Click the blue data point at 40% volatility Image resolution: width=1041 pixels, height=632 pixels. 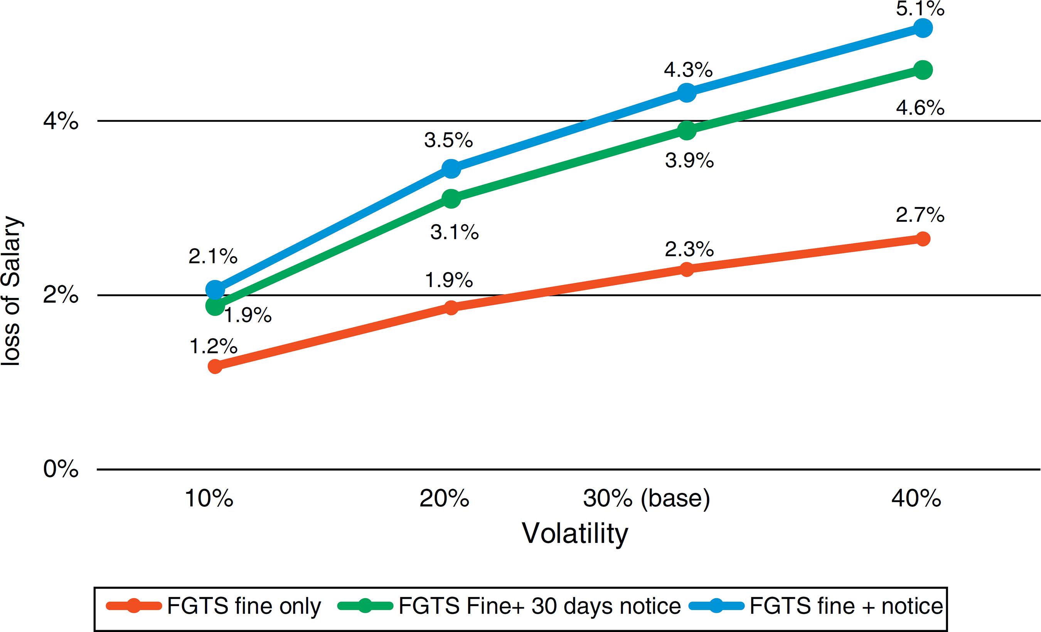pos(923,28)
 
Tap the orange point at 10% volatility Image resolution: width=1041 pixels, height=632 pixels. pos(215,366)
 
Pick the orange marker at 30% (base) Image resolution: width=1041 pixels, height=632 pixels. pos(687,269)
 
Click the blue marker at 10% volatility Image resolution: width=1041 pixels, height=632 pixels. pos(215,290)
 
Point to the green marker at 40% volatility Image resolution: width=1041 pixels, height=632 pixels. pos(923,70)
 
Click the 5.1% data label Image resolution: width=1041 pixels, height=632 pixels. pos(920,9)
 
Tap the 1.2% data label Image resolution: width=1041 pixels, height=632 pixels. pos(213,346)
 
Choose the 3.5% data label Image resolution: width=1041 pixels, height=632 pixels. pos(448,140)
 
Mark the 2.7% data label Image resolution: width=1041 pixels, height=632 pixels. pos(920,215)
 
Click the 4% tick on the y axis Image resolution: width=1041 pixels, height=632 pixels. pos(61,122)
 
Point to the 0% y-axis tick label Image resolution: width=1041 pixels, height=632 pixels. pos(61,469)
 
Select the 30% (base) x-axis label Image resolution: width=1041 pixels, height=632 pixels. pos(647,499)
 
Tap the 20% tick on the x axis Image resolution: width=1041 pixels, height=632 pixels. pos(444,499)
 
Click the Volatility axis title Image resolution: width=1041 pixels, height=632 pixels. pos(575,534)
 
